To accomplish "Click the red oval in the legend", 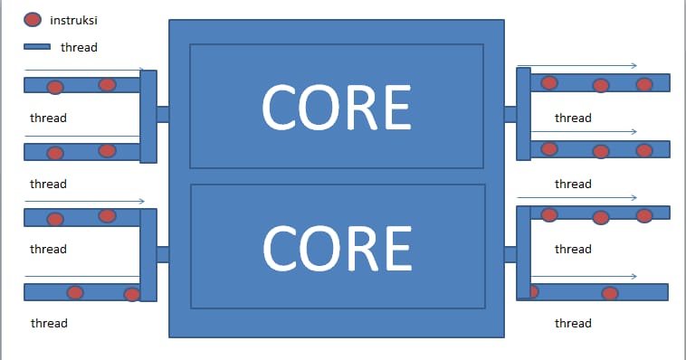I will tap(33, 20).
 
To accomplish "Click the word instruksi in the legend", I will tap(73, 20).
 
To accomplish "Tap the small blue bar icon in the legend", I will tap(36, 47).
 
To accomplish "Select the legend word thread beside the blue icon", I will tap(79, 47).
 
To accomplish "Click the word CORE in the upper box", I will tap(336, 106).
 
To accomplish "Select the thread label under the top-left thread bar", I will tap(48, 118).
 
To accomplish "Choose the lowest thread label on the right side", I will tap(573, 323).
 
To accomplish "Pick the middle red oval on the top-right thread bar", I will tap(600, 86).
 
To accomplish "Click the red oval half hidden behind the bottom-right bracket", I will tap(533, 291).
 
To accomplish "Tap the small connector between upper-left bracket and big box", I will tap(163, 114).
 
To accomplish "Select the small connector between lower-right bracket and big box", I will tap(510, 254).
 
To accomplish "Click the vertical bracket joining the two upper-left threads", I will tap(148, 116).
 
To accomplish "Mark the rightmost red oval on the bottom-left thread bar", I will tap(132, 294).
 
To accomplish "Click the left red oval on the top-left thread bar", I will tap(55, 88).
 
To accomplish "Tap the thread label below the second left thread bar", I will tap(48, 184).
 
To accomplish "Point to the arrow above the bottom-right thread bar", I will tap(584, 276).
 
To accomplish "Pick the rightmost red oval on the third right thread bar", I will tap(644, 215).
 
